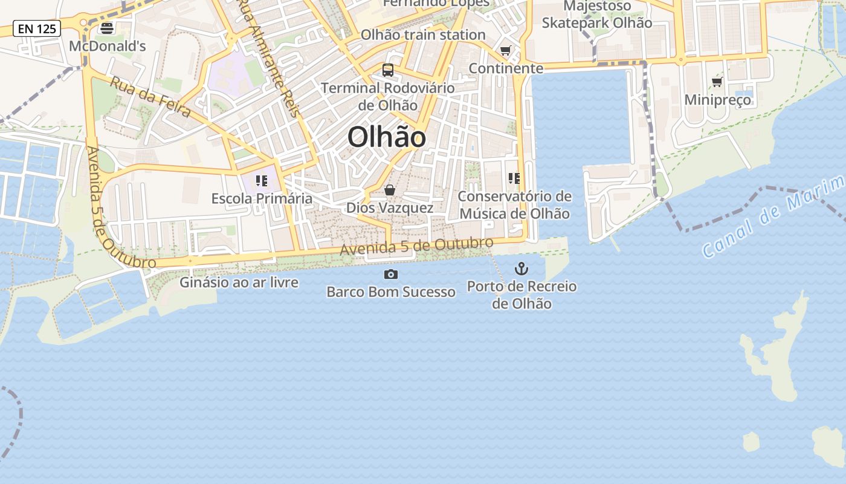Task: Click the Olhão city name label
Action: (387, 137)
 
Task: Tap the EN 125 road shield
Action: (37, 28)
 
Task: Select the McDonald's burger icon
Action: (107, 28)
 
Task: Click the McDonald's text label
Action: (108, 46)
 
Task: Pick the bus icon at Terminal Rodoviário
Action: (388, 70)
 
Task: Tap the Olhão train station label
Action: (423, 35)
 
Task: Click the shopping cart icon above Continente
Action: (506, 51)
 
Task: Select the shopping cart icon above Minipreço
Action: (717, 82)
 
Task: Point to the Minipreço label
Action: (718, 100)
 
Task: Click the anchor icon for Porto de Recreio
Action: (521, 269)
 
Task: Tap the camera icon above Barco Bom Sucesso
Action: (391, 275)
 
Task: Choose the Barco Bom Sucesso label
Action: (391, 292)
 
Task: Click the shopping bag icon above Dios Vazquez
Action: (390, 191)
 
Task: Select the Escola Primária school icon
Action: (262, 181)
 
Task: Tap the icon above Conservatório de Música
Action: (514, 178)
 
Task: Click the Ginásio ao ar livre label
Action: (239, 283)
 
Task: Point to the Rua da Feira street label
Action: (150, 97)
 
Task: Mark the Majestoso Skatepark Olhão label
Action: (597, 15)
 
